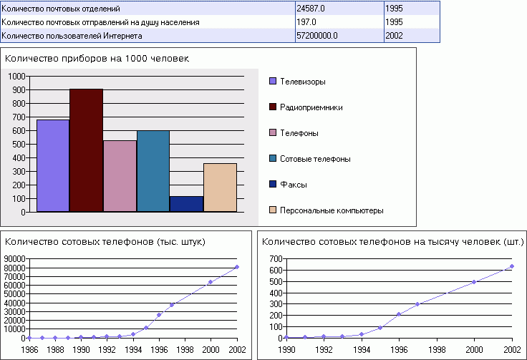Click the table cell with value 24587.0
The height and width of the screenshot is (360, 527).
click(338, 8)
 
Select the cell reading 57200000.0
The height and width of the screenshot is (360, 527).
click(338, 35)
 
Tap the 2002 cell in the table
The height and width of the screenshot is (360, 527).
click(411, 35)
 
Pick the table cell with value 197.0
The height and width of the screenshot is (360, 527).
click(338, 21)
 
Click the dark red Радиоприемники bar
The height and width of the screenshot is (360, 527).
click(86, 150)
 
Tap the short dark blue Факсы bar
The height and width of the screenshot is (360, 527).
click(186, 204)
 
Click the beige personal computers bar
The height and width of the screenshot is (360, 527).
click(220, 188)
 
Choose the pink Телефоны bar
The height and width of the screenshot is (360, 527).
click(120, 176)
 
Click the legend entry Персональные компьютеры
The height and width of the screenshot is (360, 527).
click(332, 210)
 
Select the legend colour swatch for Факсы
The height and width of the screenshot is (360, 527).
click(273, 185)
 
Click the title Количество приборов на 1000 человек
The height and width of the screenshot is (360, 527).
click(97, 58)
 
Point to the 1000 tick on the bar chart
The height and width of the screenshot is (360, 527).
click(17, 76)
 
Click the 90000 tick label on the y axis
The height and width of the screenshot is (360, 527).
click(14, 259)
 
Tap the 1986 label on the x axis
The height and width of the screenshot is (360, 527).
click(30, 349)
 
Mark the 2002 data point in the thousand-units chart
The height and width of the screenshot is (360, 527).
click(236, 267)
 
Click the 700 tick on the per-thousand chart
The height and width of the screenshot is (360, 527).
click(274, 259)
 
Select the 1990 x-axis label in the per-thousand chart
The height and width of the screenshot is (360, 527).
click(286, 349)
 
